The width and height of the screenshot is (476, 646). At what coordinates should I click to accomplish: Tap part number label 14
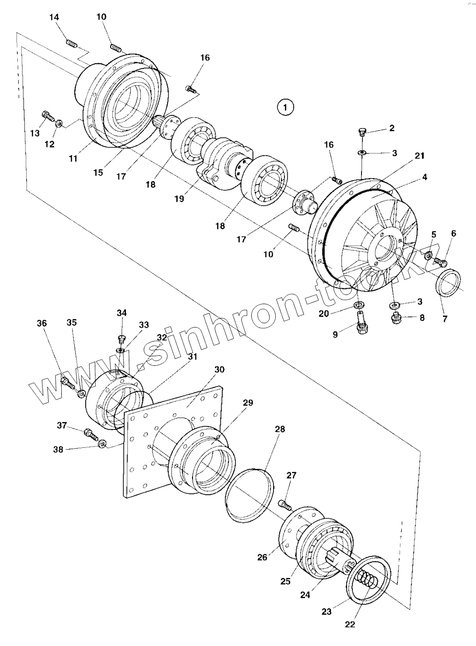[x=55, y=17]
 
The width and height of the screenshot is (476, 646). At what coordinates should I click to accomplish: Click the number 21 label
[x=419, y=156]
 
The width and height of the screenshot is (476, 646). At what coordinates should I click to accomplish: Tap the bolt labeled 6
[x=441, y=262]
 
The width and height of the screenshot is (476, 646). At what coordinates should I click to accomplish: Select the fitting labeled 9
[x=361, y=326]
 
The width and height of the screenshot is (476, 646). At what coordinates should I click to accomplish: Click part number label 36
[x=42, y=324]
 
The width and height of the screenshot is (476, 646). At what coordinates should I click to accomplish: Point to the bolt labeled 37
[x=90, y=433]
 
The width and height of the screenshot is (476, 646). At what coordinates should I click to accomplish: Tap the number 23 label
[x=326, y=612]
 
